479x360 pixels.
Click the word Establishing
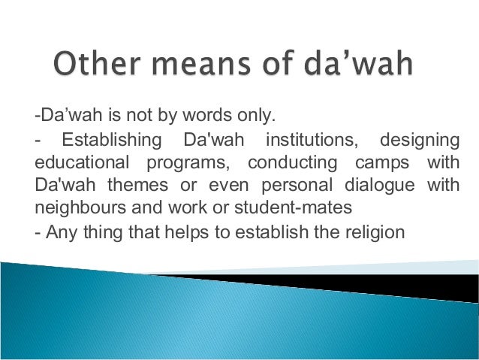pos(112,140)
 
